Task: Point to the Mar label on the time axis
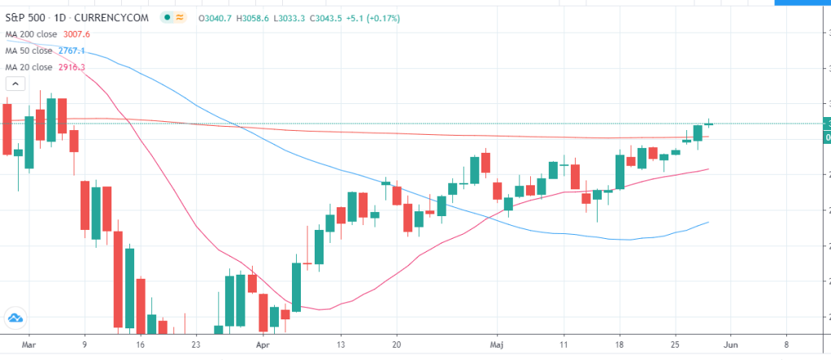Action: click(x=28, y=345)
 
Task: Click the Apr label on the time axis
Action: click(x=262, y=345)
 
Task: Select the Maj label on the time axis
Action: click(x=495, y=345)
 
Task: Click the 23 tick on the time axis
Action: click(x=195, y=345)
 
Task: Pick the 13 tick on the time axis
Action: click(x=341, y=345)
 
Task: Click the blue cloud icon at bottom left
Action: click(x=15, y=318)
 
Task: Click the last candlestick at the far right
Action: click(x=709, y=124)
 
